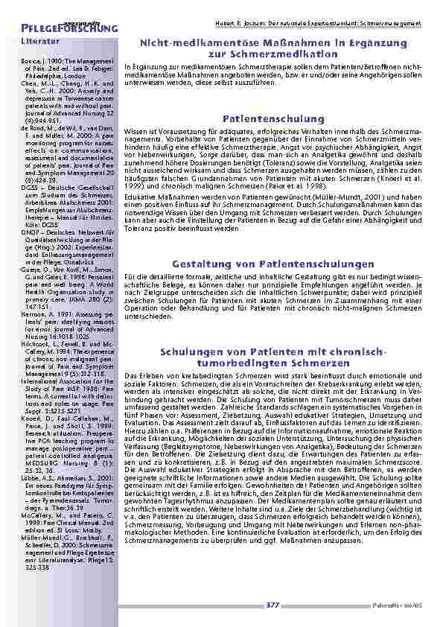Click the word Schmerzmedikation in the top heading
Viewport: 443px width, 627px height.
pyautogui.click(x=273, y=55)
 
